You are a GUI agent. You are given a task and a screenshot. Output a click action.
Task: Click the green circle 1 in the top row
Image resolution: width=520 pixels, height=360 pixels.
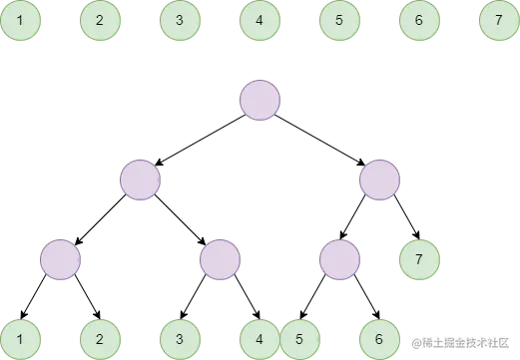[20, 20]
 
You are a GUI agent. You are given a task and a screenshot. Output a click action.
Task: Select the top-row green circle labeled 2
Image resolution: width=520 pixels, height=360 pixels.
[100, 20]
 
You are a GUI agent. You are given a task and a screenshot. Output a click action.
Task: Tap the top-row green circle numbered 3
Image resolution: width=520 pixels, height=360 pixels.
[180, 20]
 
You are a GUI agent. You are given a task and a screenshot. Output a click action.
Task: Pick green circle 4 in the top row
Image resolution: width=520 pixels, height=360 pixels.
[260, 20]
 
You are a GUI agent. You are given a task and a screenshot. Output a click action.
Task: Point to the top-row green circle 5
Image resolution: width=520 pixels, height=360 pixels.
[339, 20]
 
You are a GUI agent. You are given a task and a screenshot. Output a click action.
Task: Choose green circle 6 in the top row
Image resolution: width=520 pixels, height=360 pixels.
[419, 20]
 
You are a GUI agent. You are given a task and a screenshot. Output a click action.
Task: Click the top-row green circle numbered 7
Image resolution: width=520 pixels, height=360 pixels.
[499, 20]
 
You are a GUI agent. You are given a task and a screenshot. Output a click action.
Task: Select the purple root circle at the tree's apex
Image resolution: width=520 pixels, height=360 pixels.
[260, 100]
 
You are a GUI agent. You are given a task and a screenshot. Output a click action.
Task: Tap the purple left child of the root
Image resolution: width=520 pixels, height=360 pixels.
[140, 180]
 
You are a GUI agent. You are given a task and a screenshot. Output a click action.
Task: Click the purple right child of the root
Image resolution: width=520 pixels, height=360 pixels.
[379, 180]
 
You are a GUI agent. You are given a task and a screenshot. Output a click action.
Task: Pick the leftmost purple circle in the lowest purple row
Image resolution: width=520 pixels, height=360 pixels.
[60, 259]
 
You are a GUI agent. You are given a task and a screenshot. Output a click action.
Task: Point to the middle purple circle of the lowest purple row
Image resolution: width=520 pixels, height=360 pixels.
[220, 259]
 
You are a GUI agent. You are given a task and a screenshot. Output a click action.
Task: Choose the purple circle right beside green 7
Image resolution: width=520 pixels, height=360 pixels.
[339, 259]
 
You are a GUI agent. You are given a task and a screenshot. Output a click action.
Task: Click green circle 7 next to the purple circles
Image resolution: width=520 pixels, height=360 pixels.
[419, 259]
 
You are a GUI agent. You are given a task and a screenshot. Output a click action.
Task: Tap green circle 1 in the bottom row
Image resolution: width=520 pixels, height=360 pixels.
[20, 339]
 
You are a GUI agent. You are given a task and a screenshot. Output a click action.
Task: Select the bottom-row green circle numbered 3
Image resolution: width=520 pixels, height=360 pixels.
[180, 339]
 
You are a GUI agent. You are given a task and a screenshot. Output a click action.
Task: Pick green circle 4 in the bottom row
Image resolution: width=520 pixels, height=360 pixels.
[260, 339]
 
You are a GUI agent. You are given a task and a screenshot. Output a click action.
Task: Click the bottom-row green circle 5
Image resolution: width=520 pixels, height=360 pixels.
[299, 339]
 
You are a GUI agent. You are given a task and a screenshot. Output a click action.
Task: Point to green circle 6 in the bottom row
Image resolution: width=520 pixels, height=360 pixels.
[379, 339]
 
